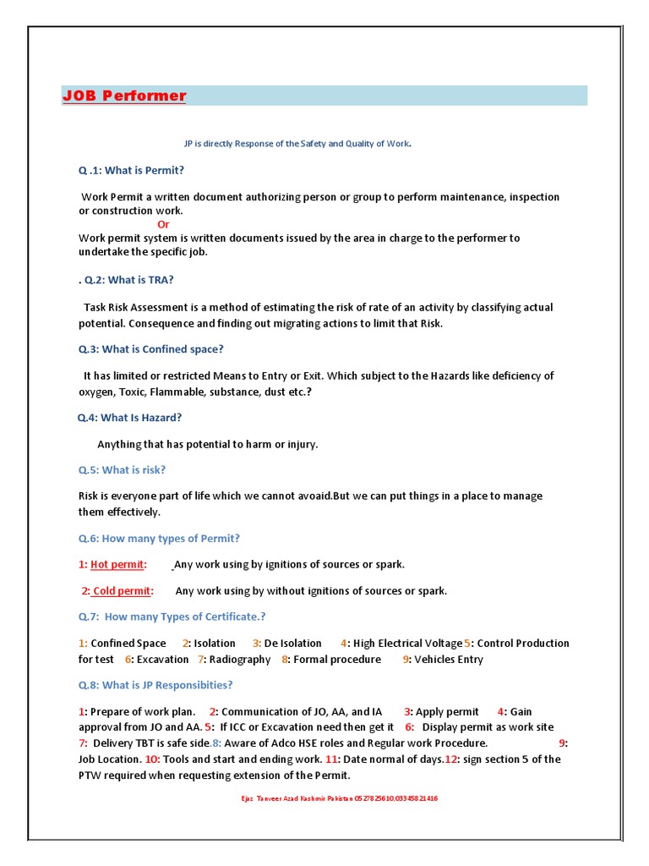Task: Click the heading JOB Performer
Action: coord(124,96)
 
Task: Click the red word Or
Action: coord(163,224)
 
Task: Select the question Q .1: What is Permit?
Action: coord(131,170)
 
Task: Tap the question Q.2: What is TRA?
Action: coord(128,280)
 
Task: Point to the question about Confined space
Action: coord(151,348)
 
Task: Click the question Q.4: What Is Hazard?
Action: coord(129,417)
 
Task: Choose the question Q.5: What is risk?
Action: coord(123,469)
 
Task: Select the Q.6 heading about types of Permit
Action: coord(159,538)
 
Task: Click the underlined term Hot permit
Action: coord(117,564)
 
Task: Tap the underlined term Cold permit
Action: coord(122,590)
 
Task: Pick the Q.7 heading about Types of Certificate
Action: coord(172,617)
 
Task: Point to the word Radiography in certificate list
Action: coord(240,659)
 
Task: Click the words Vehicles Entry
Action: coord(448,659)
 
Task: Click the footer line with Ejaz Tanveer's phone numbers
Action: coord(340,797)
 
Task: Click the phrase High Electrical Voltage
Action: coord(407,643)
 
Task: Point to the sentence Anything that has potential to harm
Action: coord(207,444)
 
